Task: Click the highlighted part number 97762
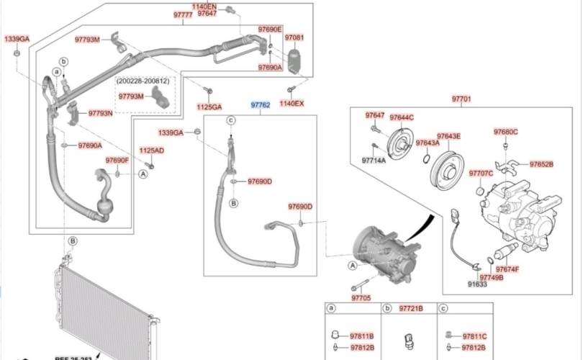point(260,105)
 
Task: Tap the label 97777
point(183,14)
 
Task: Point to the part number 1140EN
point(204,6)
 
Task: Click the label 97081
point(294,37)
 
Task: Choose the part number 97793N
point(101,113)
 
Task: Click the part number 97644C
point(402,117)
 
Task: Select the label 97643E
point(448,136)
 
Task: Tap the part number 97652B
point(541,164)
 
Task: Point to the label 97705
point(361,297)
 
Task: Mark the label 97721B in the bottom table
point(411,308)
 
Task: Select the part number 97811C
point(475,336)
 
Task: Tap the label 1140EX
point(291,104)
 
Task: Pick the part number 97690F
point(117,160)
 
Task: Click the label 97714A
point(374,161)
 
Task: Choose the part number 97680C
point(505,132)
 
